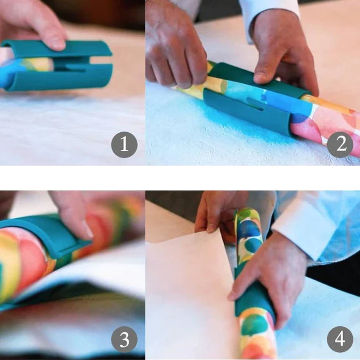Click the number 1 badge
(x=124, y=144)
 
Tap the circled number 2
(x=340, y=144)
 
